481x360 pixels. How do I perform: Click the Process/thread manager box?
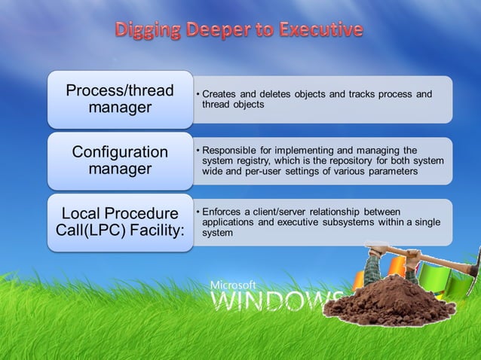point(121,99)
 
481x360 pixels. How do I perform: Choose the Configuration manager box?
point(121,160)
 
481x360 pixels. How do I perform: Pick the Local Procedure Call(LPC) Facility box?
point(121,222)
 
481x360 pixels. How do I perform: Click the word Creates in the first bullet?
point(220,94)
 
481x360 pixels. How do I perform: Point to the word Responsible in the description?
point(231,151)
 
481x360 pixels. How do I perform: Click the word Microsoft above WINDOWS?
point(233,285)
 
